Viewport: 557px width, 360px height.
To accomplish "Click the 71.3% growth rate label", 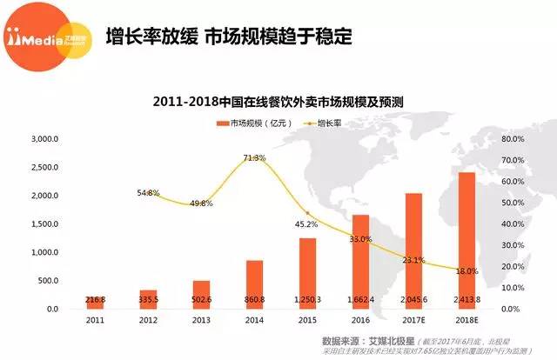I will (x=254, y=158).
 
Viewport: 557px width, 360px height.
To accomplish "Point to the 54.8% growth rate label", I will (x=148, y=192).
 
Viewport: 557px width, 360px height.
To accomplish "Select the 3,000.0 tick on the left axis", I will (x=44, y=139).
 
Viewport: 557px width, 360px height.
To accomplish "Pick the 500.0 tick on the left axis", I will (x=47, y=281).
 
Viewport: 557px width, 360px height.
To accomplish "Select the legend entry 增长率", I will (x=325, y=123).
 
